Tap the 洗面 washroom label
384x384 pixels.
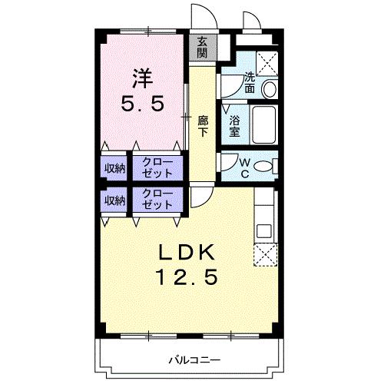[x=250, y=82]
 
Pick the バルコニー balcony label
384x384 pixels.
[x=195, y=359]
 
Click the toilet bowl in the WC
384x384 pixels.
[x=262, y=167]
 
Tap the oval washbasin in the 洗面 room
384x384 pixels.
[x=269, y=89]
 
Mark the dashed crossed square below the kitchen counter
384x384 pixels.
[x=265, y=256]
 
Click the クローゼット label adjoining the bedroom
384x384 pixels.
[x=157, y=167]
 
